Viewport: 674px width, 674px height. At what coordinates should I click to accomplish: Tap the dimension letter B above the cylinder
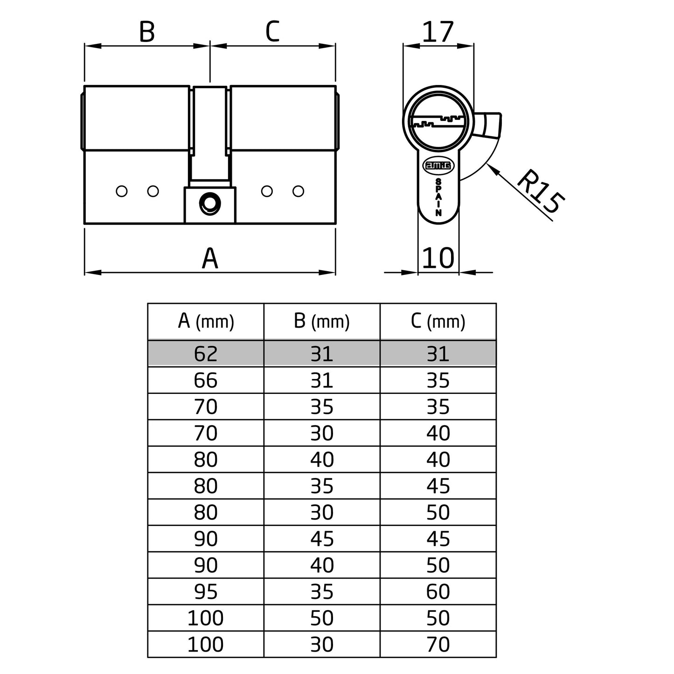point(147,32)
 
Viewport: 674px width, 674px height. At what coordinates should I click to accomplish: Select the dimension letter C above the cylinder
point(272,32)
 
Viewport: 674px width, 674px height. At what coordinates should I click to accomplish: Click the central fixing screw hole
point(209,203)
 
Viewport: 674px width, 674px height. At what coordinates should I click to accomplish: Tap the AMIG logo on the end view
point(438,165)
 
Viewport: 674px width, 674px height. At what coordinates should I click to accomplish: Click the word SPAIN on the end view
point(438,197)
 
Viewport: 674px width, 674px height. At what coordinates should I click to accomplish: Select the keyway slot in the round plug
point(438,122)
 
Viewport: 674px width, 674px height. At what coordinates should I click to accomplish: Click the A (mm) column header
point(206,322)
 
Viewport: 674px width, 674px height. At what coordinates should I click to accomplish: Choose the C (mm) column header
point(438,322)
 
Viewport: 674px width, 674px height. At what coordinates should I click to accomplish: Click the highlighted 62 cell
point(206,354)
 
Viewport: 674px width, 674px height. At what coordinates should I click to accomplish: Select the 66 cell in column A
point(206,380)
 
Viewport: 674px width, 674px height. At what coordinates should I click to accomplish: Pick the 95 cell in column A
point(206,591)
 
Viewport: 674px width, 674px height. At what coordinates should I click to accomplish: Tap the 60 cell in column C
point(438,591)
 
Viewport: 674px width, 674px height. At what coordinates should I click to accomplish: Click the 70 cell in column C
point(438,644)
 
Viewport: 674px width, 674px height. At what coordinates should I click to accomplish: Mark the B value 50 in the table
point(322,618)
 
